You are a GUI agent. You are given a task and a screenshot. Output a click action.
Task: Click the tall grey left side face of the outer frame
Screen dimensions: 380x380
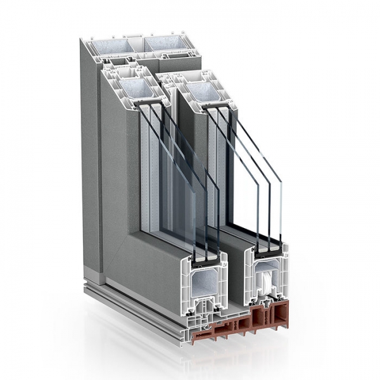(89, 158)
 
